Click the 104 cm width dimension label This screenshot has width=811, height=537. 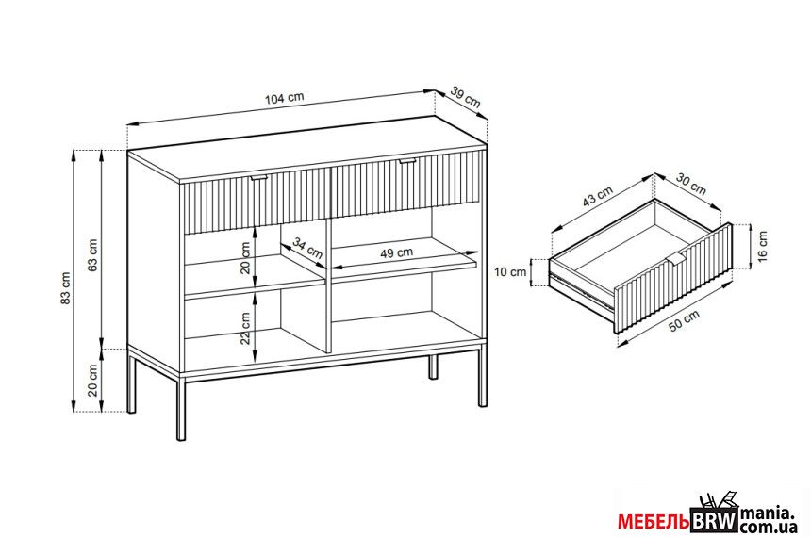pyautogui.click(x=285, y=98)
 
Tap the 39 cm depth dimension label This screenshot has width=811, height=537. pyautogui.click(x=466, y=98)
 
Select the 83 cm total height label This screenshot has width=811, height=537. pyautogui.click(x=65, y=289)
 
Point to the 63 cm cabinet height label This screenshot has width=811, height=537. pyautogui.click(x=92, y=254)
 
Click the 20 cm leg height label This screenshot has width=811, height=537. pyautogui.click(x=92, y=380)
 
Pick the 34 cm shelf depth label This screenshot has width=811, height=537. pyautogui.click(x=307, y=248)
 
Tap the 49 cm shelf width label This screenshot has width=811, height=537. pyautogui.click(x=397, y=252)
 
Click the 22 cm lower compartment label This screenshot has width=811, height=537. pyautogui.click(x=245, y=328)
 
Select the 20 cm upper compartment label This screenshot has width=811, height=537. pyautogui.click(x=245, y=258)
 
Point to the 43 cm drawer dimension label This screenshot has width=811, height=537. pyautogui.click(x=597, y=196)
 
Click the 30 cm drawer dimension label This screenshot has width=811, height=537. pyautogui.click(x=691, y=184)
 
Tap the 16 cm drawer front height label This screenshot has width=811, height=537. pyautogui.click(x=763, y=246)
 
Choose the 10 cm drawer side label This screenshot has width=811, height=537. pyautogui.click(x=510, y=272)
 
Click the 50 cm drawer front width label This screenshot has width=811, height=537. pyautogui.click(x=684, y=321)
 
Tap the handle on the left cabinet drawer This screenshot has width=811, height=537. pyautogui.click(x=259, y=178)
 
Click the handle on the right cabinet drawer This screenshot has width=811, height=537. pyautogui.click(x=407, y=162)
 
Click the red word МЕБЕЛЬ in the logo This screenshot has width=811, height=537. pyautogui.click(x=654, y=522)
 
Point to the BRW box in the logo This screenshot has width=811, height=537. pyautogui.click(x=714, y=520)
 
